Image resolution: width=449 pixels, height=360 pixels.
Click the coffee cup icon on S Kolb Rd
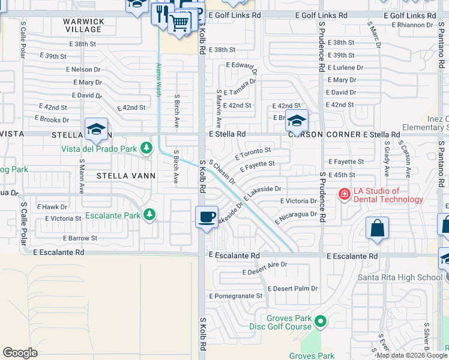tap(207, 217)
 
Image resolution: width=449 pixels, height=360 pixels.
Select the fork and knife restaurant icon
tap(161, 14)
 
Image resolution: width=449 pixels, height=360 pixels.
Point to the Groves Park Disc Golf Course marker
tap(321, 322)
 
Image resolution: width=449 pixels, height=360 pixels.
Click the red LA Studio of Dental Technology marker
tap(345, 194)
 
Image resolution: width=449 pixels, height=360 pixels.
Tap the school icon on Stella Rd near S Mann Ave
tap(96, 129)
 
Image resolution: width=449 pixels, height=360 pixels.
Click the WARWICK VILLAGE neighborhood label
tap(83, 25)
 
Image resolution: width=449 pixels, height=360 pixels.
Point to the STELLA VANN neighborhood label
tap(127, 176)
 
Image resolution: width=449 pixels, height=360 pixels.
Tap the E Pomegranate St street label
tap(235, 296)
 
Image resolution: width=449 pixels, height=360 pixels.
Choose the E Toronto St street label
tap(253, 154)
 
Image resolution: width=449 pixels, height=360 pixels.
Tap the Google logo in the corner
tap(20, 353)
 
